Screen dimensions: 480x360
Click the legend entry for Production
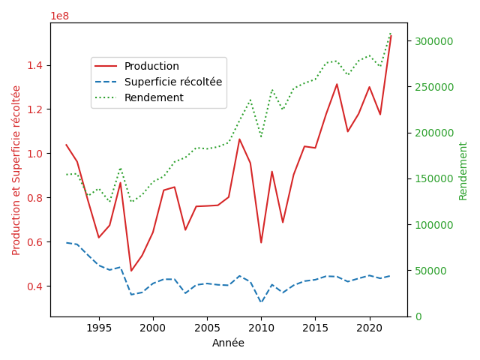pos(136,66)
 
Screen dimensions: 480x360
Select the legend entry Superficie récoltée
pos(158,82)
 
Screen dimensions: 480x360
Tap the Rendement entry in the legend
pos(139,97)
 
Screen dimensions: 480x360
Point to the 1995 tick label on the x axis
pos(99,328)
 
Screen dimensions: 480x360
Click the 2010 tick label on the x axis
pos(261,328)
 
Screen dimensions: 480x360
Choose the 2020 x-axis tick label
pos(370,328)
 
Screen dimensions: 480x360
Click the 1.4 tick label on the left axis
pos(35,65)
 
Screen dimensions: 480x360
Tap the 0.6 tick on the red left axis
pos(35,241)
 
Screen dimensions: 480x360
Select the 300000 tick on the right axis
pos(433,41)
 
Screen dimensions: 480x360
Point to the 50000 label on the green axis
pos(430,271)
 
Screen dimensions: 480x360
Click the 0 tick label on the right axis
pos(418,316)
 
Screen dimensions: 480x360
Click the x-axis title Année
pos(228,343)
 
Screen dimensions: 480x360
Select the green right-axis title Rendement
pos(463,171)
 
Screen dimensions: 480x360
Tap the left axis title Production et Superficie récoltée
pos(16,170)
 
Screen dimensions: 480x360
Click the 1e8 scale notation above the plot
pos(60,16)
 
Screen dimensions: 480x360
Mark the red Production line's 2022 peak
pos(391,36)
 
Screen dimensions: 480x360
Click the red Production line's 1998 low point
pos(131,271)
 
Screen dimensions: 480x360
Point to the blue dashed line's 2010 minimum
pos(261,302)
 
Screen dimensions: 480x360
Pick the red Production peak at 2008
pos(239,139)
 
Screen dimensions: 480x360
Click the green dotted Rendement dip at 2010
pos(261,136)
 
